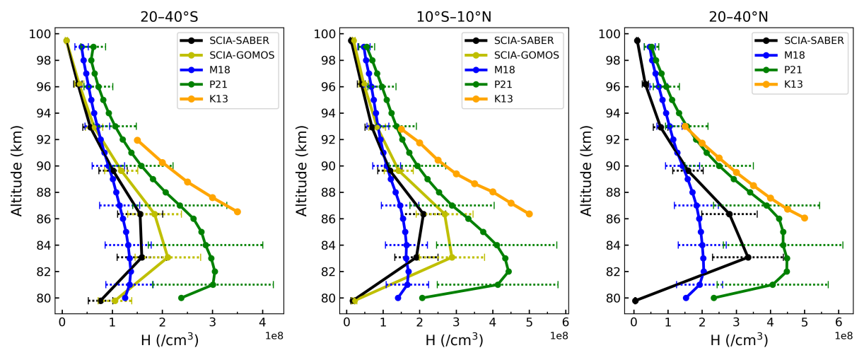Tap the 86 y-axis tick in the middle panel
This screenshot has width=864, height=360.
click(329, 219)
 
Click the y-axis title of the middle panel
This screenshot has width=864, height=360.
click(302, 166)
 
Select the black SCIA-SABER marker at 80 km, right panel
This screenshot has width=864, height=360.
click(635, 301)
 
